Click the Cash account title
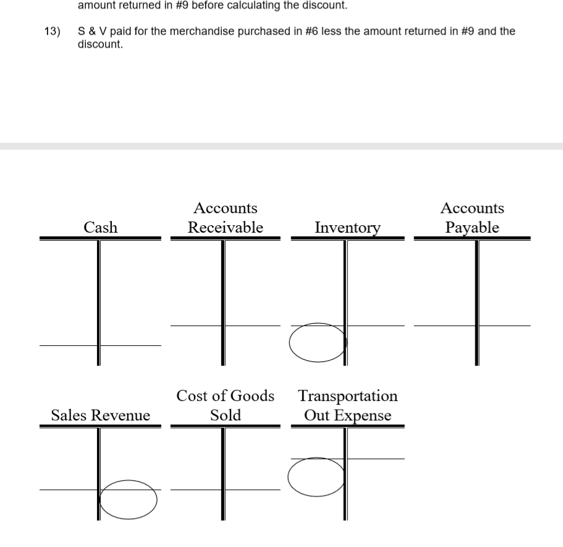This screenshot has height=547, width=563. pos(100,227)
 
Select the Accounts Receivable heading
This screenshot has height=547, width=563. pos(226,218)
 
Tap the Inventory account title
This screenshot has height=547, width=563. pos(347,228)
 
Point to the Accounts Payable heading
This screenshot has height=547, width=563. pos(473,218)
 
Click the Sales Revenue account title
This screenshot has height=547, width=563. pos(100,416)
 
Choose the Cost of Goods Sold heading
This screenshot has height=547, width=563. pos(226,405)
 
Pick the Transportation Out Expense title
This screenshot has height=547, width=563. pos(347,405)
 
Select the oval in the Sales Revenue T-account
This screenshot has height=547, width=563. pos(129,499)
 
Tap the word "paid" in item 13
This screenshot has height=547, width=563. pos(119,31)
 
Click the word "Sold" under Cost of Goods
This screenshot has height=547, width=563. pos(226,415)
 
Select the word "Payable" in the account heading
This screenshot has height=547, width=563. pos(473,228)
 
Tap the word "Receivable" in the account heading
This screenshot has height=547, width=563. pos(226,228)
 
